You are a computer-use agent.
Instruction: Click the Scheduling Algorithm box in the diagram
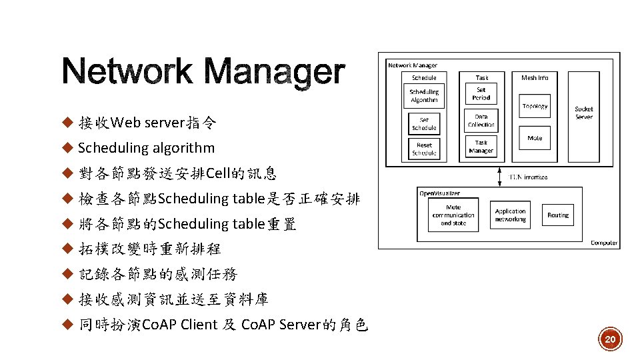[x=424, y=95]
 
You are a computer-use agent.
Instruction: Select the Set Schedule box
[x=424, y=124]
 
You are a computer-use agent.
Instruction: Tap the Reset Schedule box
[x=424, y=148]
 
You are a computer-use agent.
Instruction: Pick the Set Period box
[x=481, y=93]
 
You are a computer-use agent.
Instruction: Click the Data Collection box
[x=481, y=121]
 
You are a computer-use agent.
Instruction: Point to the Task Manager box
[x=481, y=146]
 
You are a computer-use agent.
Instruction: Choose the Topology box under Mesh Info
[x=535, y=106]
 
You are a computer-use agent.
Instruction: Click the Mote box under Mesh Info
[x=535, y=138]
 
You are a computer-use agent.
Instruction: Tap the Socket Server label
[x=584, y=113]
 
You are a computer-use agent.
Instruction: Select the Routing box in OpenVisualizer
[x=558, y=215]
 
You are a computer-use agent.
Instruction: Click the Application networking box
[x=511, y=215]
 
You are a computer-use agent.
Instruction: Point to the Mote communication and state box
[x=453, y=215]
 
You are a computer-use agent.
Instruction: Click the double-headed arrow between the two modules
[x=500, y=177]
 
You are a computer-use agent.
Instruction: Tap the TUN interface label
[x=528, y=177]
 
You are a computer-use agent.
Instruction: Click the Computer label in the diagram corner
[x=603, y=243]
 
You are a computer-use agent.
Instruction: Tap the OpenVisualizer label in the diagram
[x=439, y=193]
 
